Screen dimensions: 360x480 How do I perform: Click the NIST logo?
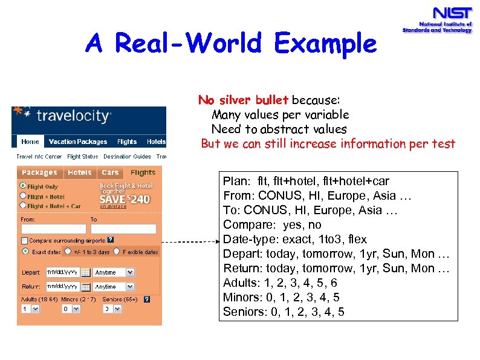click(x=436, y=19)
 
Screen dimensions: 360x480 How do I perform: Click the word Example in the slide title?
click(x=325, y=44)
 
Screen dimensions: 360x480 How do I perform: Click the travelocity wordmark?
click(x=73, y=116)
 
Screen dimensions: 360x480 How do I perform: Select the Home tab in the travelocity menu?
click(x=30, y=142)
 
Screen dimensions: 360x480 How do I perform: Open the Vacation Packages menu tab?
click(x=77, y=142)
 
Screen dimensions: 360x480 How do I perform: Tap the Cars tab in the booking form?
click(x=110, y=172)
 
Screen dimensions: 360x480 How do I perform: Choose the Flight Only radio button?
click(x=24, y=186)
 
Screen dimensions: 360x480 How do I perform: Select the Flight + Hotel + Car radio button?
click(x=24, y=206)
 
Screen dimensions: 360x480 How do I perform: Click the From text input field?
click(x=53, y=229)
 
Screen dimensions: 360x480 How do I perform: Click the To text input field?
click(x=123, y=229)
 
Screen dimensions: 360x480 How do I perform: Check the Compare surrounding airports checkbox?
click(x=25, y=241)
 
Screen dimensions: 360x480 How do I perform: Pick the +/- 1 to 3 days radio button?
click(x=68, y=252)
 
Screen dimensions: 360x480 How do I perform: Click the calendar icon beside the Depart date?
click(x=86, y=272)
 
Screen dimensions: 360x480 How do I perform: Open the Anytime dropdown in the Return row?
click(x=114, y=287)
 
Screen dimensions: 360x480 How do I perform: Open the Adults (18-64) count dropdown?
click(x=30, y=309)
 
